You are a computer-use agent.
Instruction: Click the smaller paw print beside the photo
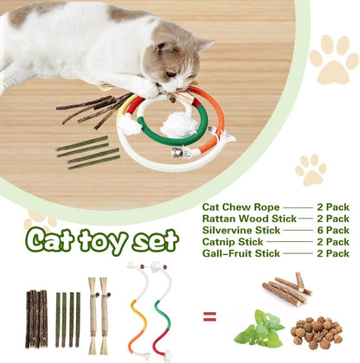(x=311, y=169)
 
